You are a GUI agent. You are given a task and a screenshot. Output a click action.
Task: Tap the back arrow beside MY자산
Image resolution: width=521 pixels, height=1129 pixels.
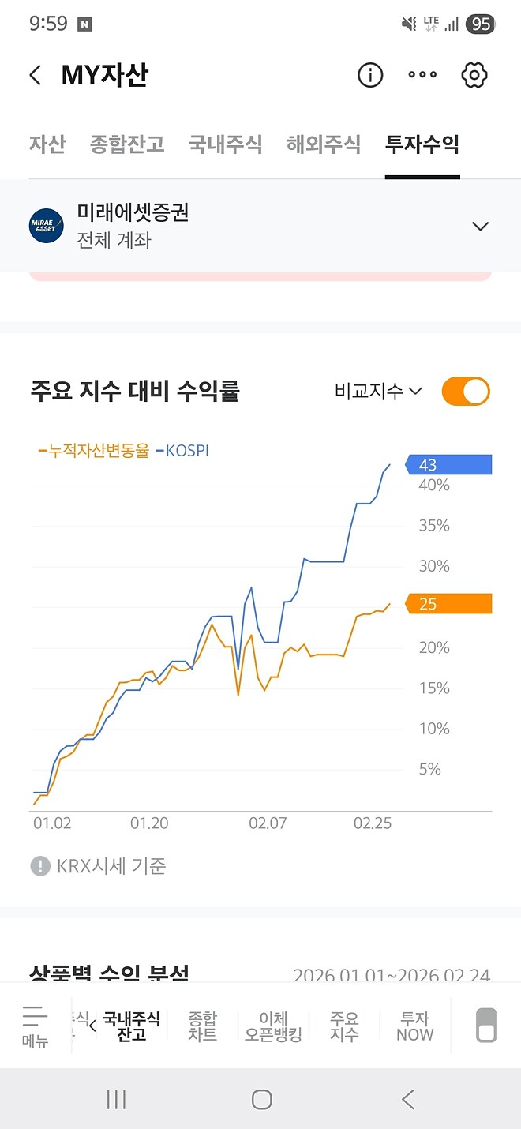click(x=35, y=76)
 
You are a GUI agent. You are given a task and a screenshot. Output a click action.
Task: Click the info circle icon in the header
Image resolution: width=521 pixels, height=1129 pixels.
click(x=370, y=75)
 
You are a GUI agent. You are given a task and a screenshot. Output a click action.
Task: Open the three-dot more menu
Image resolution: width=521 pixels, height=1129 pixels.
click(x=422, y=75)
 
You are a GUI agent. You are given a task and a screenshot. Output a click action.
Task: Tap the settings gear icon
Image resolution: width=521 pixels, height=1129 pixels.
click(x=474, y=75)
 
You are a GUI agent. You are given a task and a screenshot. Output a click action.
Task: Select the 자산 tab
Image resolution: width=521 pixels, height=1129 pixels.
click(x=47, y=144)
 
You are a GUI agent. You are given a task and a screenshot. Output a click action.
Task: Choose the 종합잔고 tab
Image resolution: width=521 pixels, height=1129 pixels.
click(x=127, y=144)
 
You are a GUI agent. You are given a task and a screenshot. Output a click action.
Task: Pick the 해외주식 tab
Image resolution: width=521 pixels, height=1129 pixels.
click(x=324, y=144)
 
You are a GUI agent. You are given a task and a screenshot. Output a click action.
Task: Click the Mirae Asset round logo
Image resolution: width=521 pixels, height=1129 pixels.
click(x=47, y=226)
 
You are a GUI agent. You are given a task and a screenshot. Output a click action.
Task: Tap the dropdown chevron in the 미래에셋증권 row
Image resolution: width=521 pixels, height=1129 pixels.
click(x=480, y=227)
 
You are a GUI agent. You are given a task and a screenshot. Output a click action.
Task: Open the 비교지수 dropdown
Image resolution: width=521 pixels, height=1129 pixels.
click(x=378, y=391)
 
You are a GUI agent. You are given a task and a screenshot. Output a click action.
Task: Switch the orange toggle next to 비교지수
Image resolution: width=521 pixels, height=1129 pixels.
click(x=466, y=392)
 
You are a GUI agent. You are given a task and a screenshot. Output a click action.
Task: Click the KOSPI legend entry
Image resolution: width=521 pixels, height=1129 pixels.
click(x=183, y=452)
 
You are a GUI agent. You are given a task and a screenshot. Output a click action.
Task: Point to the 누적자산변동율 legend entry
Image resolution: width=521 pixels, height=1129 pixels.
click(x=95, y=452)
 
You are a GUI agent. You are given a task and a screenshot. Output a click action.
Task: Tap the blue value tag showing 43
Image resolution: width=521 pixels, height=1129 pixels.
click(x=448, y=465)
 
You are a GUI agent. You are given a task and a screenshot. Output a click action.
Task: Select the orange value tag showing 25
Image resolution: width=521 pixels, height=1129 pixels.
click(x=448, y=604)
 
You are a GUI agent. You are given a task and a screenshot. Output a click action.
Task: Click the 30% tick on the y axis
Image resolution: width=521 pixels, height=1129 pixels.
click(x=434, y=566)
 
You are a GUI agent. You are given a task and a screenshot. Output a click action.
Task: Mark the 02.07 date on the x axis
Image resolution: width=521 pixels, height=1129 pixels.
click(x=268, y=823)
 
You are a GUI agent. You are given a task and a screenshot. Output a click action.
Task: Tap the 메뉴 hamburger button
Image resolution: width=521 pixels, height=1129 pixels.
click(x=36, y=1026)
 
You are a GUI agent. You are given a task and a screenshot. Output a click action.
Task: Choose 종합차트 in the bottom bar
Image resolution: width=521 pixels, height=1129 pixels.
click(x=203, y=1026)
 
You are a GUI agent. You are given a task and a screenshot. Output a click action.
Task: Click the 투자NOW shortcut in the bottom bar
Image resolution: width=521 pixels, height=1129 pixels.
click(x=415, y=1026)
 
